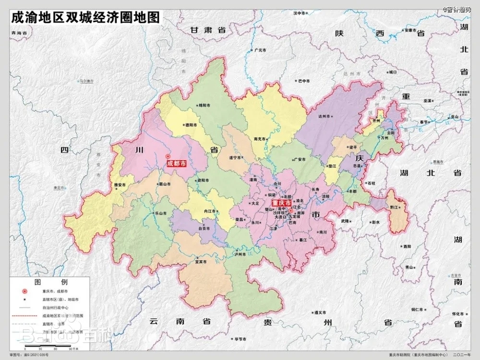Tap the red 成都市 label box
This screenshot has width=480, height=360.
coord(176,164)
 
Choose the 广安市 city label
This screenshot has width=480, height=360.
coord(299,159)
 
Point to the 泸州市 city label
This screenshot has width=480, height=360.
coord(240,254)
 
